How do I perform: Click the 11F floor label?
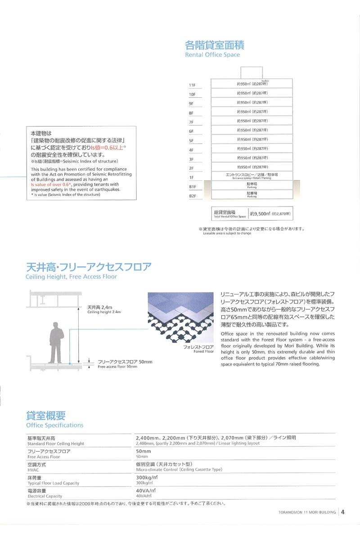[192, 85]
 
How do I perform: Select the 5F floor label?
[191, 140]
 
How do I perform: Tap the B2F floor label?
[192, 196]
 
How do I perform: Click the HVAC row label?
[34, 467]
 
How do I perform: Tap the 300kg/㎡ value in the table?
[147, 477]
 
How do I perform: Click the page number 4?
[343, 512]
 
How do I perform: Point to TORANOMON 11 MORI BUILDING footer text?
[305, 512]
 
